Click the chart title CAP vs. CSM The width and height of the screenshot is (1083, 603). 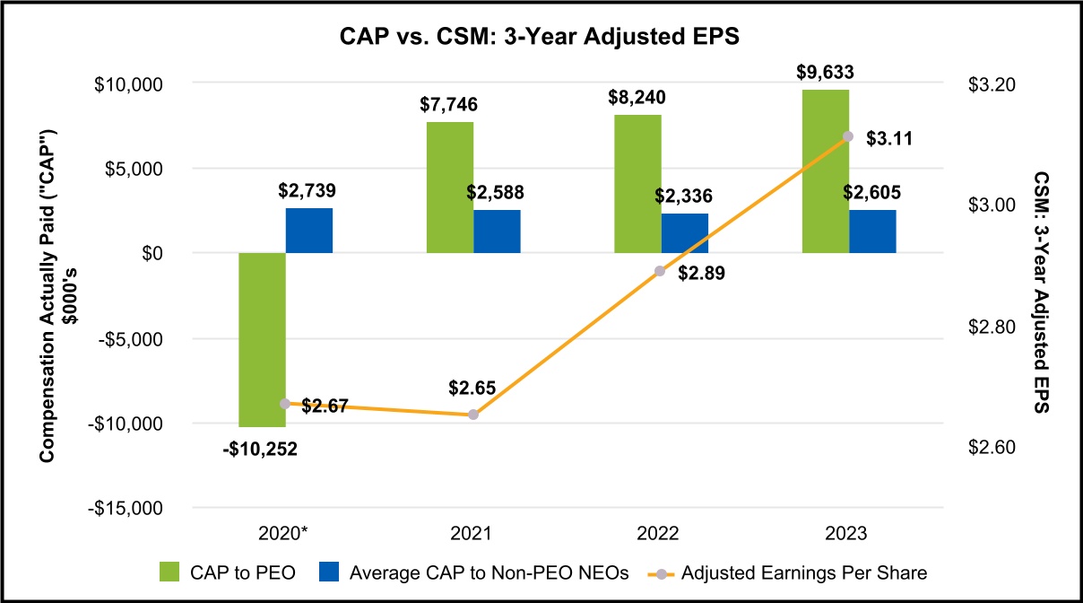[541, 39]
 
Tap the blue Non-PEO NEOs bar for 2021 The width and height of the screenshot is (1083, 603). [497, 232]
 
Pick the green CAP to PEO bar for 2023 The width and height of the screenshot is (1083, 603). [825, 171]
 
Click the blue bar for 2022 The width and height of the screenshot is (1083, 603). [684, 233]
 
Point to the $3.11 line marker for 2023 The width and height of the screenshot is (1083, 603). [847, 136]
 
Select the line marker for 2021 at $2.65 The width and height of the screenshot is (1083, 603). [473, 415]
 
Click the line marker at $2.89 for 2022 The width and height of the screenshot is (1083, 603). [660, 271]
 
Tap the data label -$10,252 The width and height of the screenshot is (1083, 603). [260, 449]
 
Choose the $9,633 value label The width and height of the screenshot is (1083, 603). [825, 73]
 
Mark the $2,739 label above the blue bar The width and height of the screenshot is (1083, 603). [308, 191]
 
